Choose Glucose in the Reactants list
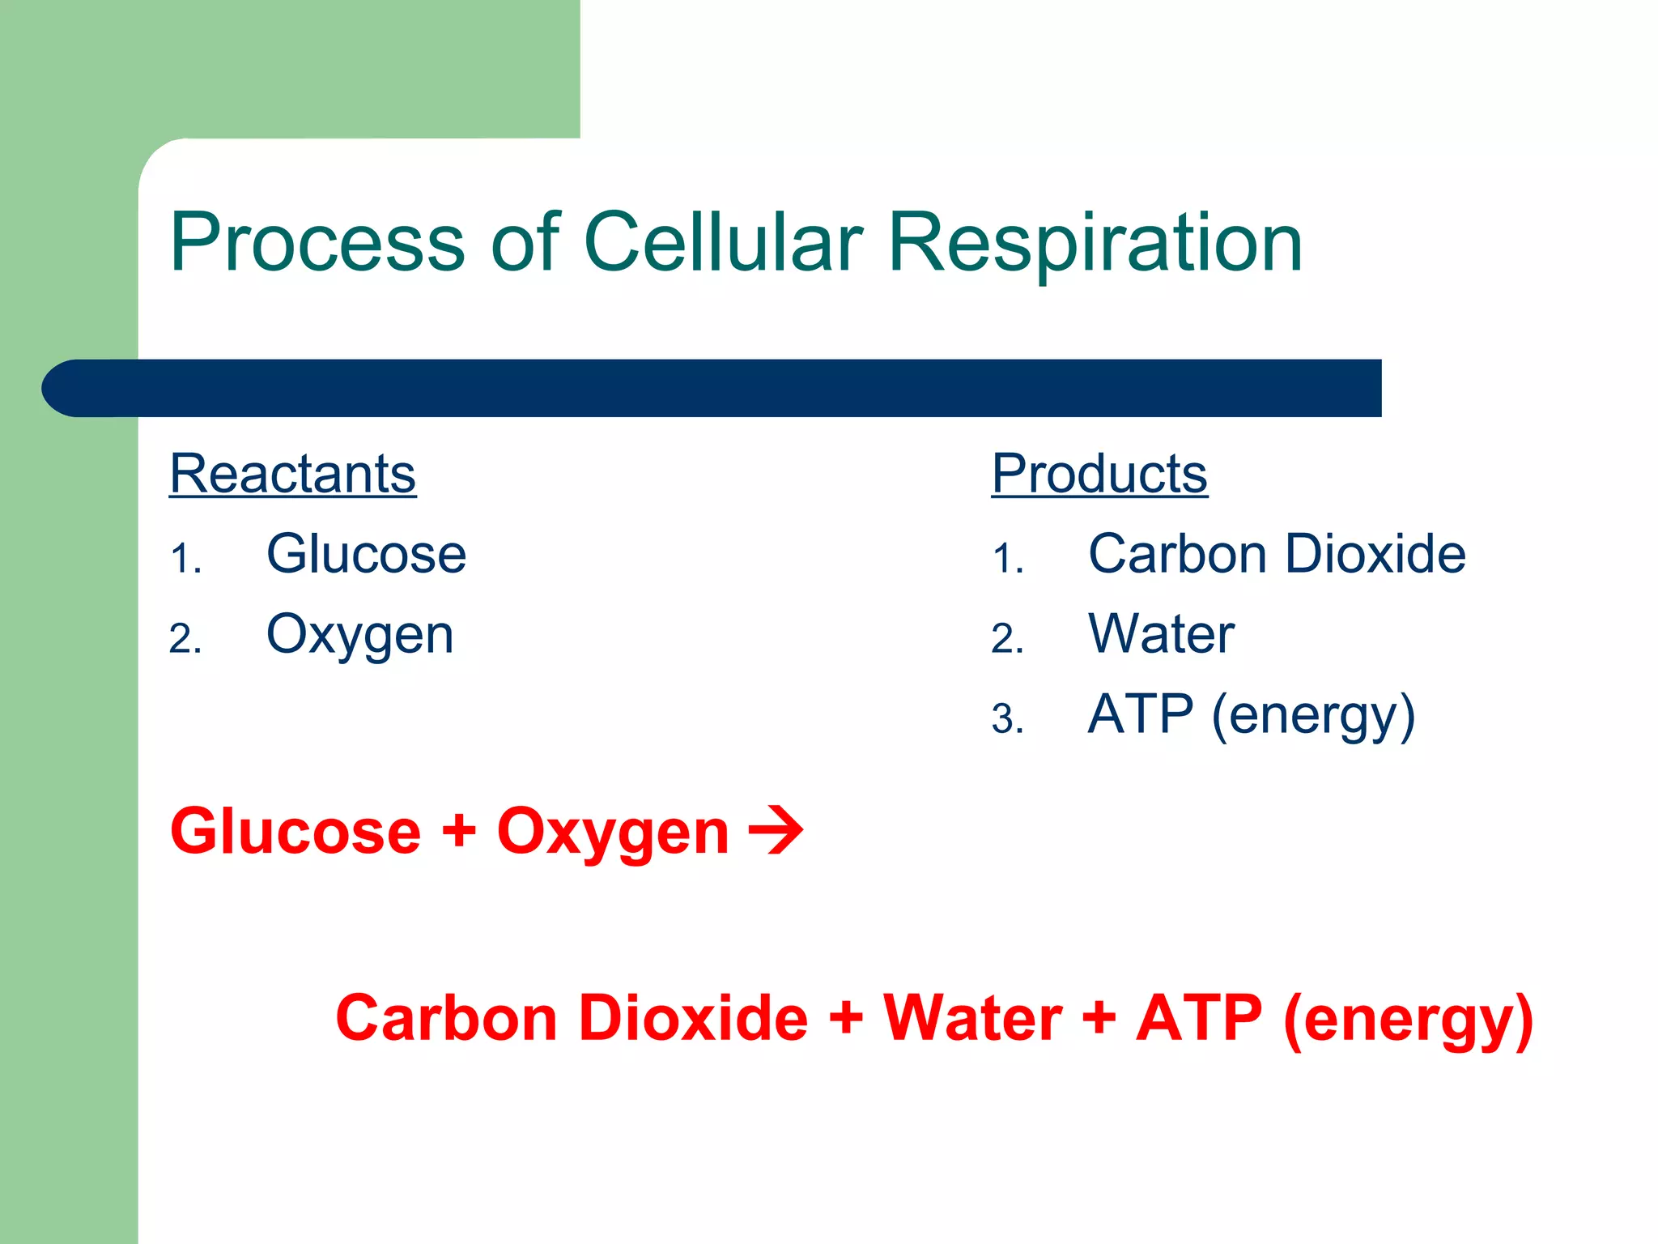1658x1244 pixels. point(366,554)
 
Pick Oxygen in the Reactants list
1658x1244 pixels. point(359,635)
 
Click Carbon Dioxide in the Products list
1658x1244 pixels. point(1277,554)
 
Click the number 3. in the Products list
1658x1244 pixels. point(1007,719)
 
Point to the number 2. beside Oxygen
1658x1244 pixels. point(185,639)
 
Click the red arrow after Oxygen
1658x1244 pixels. point(776,830)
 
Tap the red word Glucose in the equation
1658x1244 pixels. point(295,832)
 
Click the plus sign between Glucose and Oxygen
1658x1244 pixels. point(458,832)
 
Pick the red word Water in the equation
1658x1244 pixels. point(971,1018)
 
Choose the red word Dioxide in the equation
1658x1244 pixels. point(693,1018)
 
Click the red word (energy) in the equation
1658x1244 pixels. point(1408,1020)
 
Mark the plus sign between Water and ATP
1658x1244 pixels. point(1099,1018)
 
